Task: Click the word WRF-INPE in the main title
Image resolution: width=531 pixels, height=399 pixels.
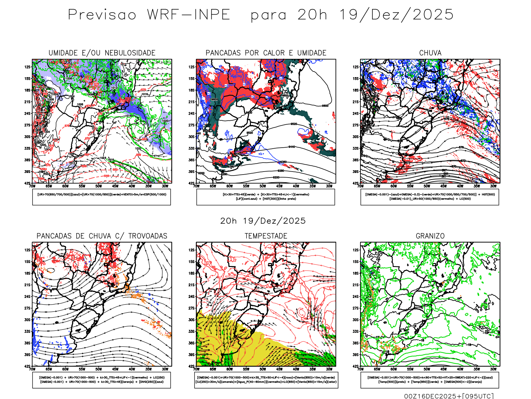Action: point(189,15)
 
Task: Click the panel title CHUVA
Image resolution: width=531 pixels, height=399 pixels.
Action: point(430,53)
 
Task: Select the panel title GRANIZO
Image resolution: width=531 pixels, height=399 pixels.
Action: point(430,236)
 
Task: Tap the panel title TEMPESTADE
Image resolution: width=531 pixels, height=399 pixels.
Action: point(266,236)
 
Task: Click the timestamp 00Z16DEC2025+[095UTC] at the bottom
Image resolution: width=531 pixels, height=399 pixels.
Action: point(449,396)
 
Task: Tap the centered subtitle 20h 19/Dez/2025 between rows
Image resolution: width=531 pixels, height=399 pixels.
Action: point(263,221)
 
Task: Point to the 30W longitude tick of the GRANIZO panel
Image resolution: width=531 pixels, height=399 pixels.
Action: point(493,369)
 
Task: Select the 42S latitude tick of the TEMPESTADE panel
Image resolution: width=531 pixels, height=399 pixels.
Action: point(191,366)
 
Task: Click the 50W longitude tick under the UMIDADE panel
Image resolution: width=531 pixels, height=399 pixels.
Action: point(99,186)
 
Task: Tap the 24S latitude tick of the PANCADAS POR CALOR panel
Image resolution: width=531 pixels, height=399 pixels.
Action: point(191,114)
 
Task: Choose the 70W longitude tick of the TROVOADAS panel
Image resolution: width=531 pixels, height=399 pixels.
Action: point(32,369)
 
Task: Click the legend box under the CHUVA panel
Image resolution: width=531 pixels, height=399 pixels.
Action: point(430,197)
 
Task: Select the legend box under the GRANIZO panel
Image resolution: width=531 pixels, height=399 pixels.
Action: point(430,380)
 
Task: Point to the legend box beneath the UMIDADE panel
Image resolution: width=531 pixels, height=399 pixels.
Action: point(102,197)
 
